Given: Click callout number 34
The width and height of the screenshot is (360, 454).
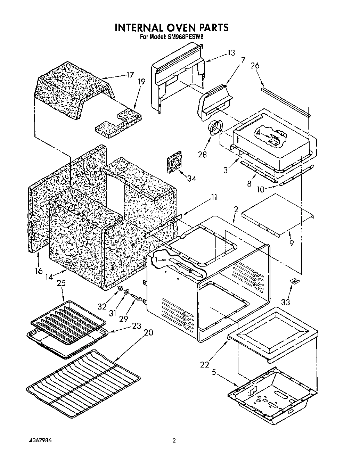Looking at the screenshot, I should pos(191,179).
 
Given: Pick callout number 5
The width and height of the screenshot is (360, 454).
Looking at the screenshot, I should pos(214,373).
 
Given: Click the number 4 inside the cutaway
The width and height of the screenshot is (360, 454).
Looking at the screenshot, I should pos(259,132).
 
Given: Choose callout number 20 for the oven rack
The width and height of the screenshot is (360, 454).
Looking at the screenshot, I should pos(148,332).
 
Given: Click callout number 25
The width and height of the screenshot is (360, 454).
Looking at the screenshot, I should pos(61,283).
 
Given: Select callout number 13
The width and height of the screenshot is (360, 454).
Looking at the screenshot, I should pos(231,53).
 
